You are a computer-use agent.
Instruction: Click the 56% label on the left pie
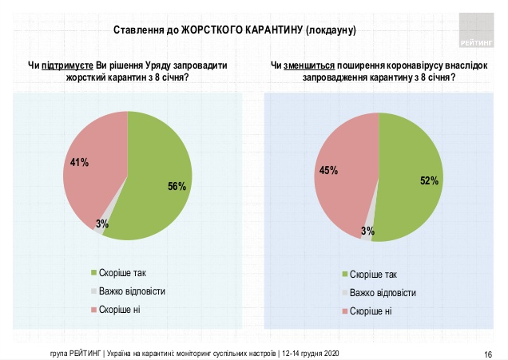coord(177,187)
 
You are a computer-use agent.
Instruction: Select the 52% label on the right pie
coord(429,181)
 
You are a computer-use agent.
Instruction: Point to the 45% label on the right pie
coord(328,170)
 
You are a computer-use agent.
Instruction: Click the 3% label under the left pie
coord(102,224)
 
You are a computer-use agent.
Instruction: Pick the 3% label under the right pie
coord(367,231)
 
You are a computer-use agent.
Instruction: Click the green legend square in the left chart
coord(94,272)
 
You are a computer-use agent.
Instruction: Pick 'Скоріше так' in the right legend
coord(375,274)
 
